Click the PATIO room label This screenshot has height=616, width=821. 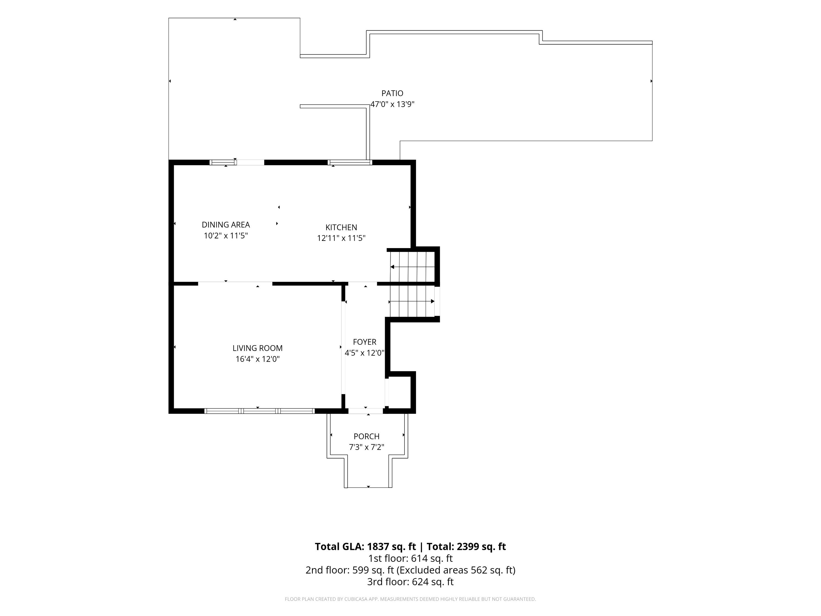pyautogui.click(x=392, y=93)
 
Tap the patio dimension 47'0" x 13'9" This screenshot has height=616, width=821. pyautogui.click(x=392, y=104)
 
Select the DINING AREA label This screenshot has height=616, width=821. pyautogui.click(x=226, y=225)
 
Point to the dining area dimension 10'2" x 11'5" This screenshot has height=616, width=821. pyautogui.click(x=226, y=236)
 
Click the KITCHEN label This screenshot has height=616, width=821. pyautogui.click(x=341, y=227)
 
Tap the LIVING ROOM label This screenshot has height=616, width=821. pyautogui.click(x=258, y=348)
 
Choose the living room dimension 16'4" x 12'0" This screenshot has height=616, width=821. pyautogui.click(x=258, y=359)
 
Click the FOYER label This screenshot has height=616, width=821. pyautogui.click(x=365, y=342)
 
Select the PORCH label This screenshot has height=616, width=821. pyautogui.click(x=367, y=436)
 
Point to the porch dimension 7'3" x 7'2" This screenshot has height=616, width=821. pyautogui.click(x=367, y=447)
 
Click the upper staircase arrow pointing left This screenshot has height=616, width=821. pyautogui.click(x=412, y=267)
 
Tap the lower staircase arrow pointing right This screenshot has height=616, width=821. pyautogui.click(x=412, y=301)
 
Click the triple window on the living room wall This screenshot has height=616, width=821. pyautogui.click(x=259, y=411)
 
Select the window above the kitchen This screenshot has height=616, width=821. pyautogui.click(x=350, y=162)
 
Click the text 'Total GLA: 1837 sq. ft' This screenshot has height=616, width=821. pyautogui.click(x=366, y=546)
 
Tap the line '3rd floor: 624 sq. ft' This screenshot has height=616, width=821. pyautogui.click(x=410, y=582)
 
